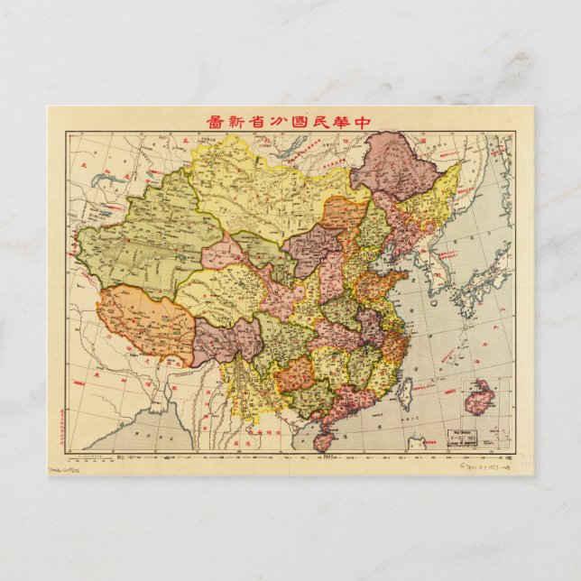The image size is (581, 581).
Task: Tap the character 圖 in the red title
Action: tap(216, 122)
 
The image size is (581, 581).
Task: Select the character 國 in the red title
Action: tap(302, 122)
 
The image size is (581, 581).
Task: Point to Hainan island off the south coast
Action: tap(322, 442)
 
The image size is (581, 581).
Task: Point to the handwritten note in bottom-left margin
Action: tap(68, 468)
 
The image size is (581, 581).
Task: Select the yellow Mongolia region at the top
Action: tap(262, 185)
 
